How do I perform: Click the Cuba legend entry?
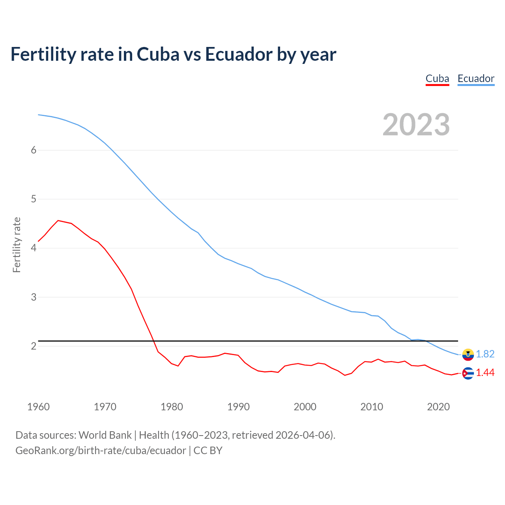[x=437, y=79]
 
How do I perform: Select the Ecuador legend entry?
[x=476, y=79]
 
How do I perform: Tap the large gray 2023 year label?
[x=416, y=125]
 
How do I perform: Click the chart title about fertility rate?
[x=173, y=54]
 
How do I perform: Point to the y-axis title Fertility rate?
[x=17, y=245]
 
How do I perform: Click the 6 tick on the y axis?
[x=34, y=150]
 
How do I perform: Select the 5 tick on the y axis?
[x=34, y=199]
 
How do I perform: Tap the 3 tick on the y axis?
[x=34, y=297]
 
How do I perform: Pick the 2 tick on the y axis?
[x=34, y=346]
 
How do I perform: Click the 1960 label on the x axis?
[x=38, y=407]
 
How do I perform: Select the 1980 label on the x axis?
[x=172, y=407]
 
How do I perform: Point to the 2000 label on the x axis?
[x=305, y=407]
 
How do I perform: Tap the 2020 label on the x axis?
[x=438, y=407]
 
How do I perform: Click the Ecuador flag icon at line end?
[x=468, y=354]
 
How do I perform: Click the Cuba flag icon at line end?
[x=468, y=373]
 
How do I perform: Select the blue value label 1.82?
[x=485, y=354]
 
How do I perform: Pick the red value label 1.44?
[x=485, y=373]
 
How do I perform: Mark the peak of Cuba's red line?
[x=58, y=221]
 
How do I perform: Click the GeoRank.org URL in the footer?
[x=101, y=451]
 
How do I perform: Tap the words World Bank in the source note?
[x=105, y=435]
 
